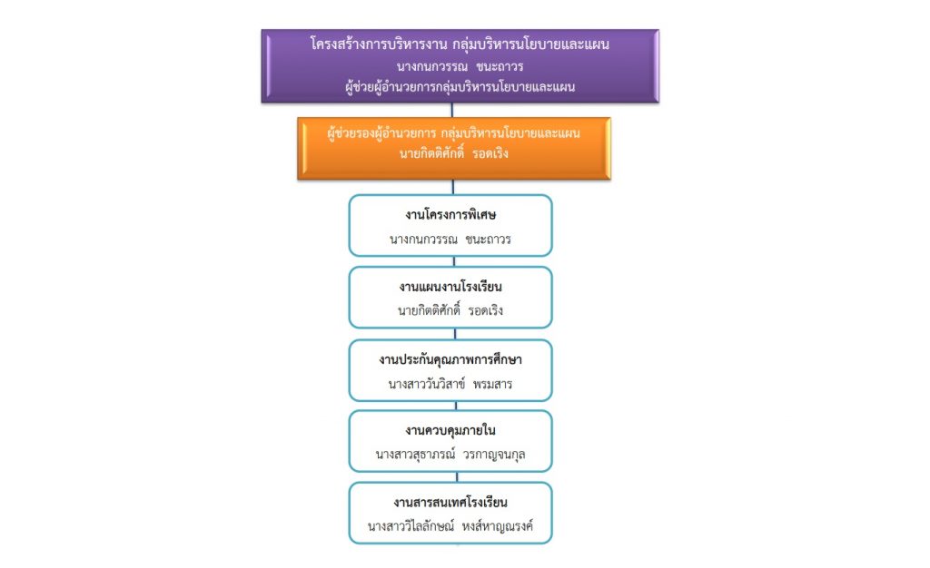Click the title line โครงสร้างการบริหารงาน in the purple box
pos(378,44)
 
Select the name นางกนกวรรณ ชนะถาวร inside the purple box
pos(460,65)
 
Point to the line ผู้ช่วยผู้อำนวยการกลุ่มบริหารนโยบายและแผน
pos(460,87)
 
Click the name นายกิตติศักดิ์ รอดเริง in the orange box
pos(454,153)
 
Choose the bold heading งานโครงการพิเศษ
pos(450,214)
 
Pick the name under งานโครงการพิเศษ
pos(450,240)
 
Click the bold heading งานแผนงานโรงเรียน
pos(450,287)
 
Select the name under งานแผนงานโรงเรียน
pos(450,310)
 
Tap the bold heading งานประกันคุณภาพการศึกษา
pos(450,359)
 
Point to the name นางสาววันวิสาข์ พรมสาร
pos(450,383)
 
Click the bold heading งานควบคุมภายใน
pos(450,431)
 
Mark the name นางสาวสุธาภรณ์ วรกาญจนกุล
pos(450,455)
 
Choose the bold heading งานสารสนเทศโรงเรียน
pos(450,503)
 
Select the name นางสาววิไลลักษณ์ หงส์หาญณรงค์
pos(450,525)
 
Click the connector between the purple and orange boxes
pos(452,110)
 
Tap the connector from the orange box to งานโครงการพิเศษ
pos(453,187)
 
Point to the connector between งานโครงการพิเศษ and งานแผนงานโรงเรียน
pos(454,261)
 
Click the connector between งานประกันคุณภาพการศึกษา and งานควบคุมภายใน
pos(456,406)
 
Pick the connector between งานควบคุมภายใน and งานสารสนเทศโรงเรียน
pos(458,476)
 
